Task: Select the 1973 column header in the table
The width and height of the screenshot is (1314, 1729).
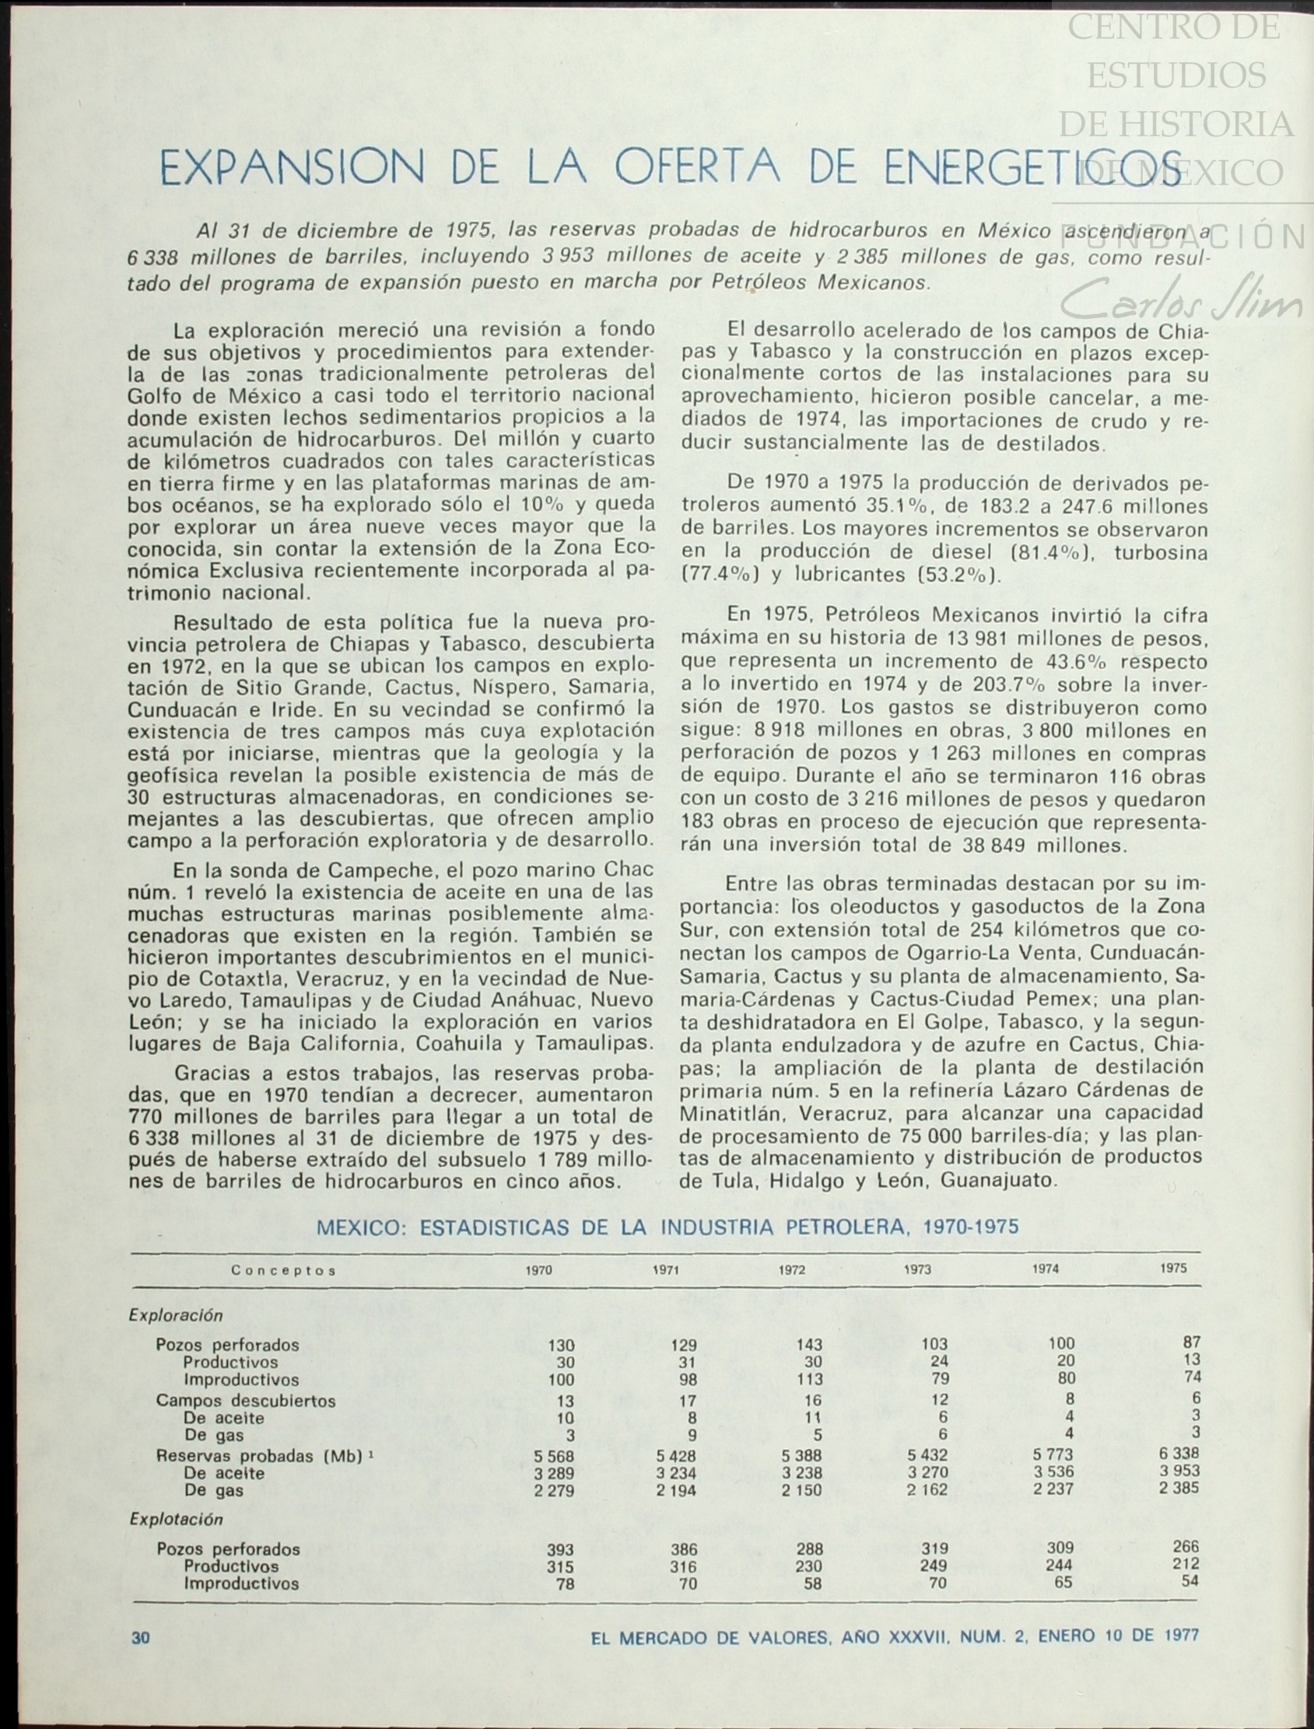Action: click(x=917, y=1270)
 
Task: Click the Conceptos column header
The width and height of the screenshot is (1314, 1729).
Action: click(x=283, y=1271)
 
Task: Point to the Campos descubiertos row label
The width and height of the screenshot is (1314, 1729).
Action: click(x=246, y=1401)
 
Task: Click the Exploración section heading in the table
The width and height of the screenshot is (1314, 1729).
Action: click(x=176, y=1315)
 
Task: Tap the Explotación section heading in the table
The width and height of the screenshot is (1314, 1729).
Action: click(x=176, y=1520)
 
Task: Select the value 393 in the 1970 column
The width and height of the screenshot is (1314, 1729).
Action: click(x=560, y=1550)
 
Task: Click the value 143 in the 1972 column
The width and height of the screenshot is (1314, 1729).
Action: click(x=809, y=1344)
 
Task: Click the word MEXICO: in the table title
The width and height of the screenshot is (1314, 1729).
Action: click(x=360, y=1227)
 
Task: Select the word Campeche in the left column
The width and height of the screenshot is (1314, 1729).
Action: click(x=371, y=870)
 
